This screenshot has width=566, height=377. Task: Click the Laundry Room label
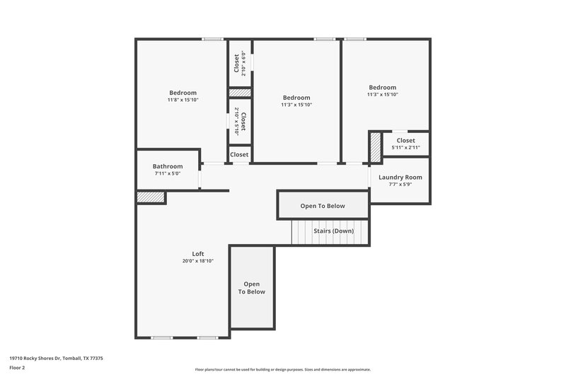tap(400, 178)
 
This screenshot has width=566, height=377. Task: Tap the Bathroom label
tap(168, 166)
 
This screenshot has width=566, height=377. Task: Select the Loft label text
tap(198, 254)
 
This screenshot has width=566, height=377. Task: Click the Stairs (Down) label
tap(334, 231)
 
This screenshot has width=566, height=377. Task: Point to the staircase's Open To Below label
tap(323, 206)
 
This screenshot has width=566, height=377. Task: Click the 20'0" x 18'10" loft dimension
tap(198, 261)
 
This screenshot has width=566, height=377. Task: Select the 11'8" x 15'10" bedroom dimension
tap(183, 100)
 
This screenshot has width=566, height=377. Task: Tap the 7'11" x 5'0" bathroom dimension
tap(168, 173)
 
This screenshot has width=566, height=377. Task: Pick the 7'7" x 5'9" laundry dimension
tap(400, 185)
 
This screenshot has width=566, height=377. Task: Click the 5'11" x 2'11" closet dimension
tap(405, 147)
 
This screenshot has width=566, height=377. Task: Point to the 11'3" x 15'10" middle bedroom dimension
tap(296, 105)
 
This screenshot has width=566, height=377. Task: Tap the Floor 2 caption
tap(17, 368)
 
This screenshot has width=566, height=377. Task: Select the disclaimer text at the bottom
tap(282, 369)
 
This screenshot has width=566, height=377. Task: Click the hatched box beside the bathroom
tap(151, 197)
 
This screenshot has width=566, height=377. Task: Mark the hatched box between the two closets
tap(239, 93)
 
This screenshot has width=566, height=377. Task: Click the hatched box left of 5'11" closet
tap(375, 148)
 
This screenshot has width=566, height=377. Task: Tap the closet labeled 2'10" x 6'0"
tap(239, 63)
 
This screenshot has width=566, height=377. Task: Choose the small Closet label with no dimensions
tap(239, 154)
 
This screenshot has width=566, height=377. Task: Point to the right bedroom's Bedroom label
tap(382, 88)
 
